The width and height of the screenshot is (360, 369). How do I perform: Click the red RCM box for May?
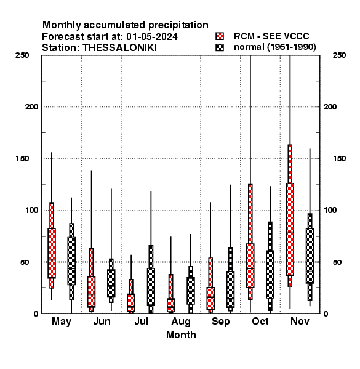[x=52, y=253]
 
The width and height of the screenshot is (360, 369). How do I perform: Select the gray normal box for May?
[x=71, y=261]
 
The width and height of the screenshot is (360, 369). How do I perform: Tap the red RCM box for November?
[x=290, y=229]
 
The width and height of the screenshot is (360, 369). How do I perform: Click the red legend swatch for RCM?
[x=220, y=36]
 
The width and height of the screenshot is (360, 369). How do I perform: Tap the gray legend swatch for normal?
[x=220, y=47]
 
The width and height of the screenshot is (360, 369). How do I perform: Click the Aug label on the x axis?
[x=181, y=322]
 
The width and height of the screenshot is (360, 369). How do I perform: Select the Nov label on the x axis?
[x=300, y=321]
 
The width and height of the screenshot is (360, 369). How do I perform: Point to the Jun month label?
[x=102, y=321]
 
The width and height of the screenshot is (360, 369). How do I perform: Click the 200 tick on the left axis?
[x=31, y=106]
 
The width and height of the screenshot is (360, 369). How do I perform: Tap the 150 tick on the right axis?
[x=339, y=159]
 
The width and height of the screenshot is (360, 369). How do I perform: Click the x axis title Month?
[x=181, y=335]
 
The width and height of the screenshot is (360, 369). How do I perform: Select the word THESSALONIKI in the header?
[x=119, y=48]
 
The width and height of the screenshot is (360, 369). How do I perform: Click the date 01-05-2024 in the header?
[x=152, y=37]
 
